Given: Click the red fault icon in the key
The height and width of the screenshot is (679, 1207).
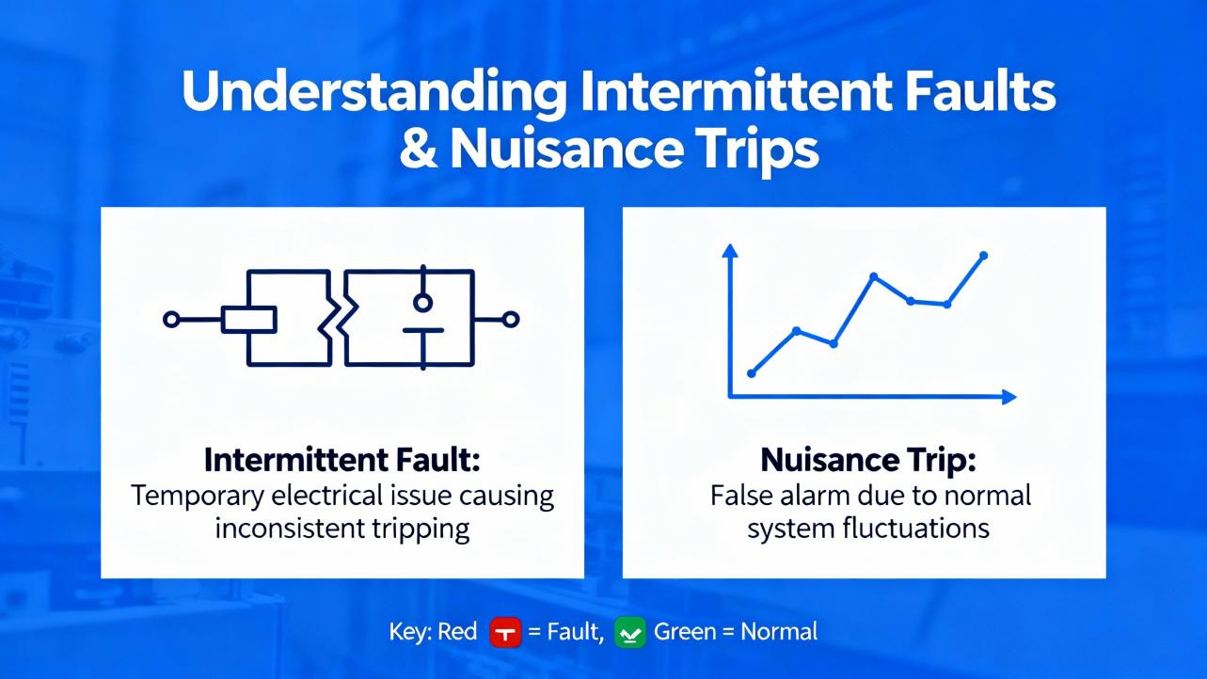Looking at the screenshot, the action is coord(505,632).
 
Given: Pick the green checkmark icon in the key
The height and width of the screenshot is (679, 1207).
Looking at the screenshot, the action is coord(630,632).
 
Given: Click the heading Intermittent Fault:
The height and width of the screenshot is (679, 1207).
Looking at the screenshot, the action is coord(342,461).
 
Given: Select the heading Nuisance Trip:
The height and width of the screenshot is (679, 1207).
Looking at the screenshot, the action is coord(868,461).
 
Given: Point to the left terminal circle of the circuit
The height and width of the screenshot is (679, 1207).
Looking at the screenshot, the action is coord(171,320).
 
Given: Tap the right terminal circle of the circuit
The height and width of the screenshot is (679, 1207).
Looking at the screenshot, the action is coord(511,320).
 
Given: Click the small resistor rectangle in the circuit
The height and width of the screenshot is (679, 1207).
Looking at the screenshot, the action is coord(249,320).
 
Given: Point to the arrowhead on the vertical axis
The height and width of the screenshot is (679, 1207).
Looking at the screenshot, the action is coord(730,250).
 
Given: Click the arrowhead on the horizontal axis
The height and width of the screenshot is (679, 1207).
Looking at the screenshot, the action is coord(1009,398).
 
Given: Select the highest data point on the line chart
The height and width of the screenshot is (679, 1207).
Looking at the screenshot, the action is coord(983,255).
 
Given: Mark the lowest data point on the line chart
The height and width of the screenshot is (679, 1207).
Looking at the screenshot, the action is coord(752,373).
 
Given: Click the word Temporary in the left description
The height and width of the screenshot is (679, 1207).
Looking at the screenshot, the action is coord(198,497).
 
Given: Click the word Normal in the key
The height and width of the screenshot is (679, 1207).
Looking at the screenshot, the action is coord(779,632).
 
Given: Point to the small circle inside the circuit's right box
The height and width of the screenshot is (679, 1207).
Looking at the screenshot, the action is coord(423,303).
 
